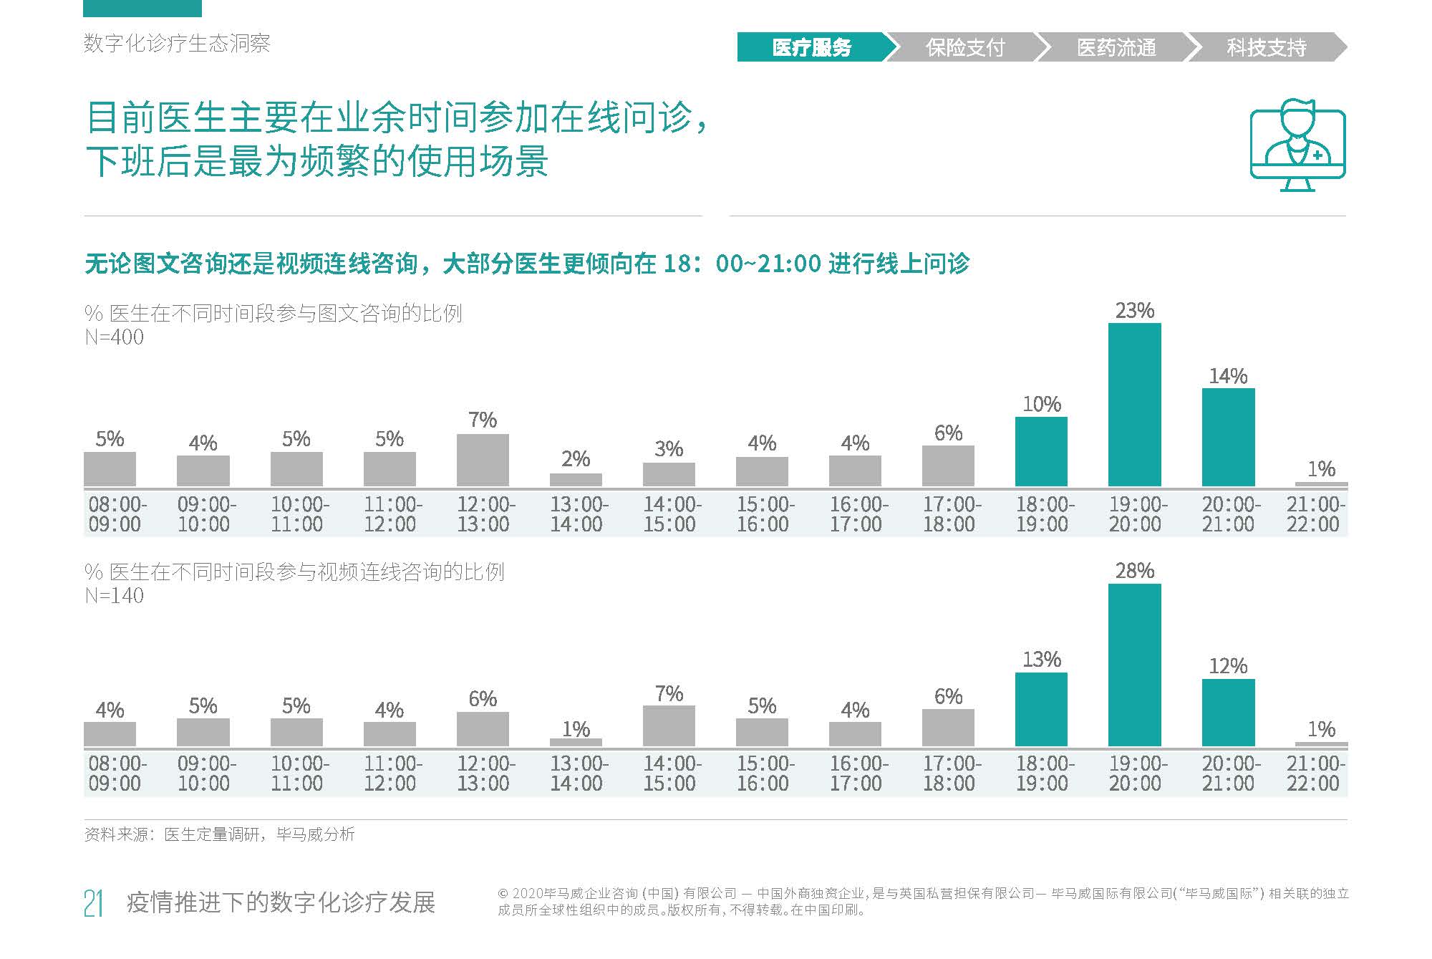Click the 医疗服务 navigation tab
tap(811, 47)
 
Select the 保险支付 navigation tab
tap(964, 47)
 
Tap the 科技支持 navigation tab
tap(1266, 47)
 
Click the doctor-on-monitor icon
tap(1297, 145)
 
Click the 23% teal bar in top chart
tap(1134, 405)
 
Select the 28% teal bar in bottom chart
tap(1134, 665)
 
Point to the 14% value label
tap(1227, 376)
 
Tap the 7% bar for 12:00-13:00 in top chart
tap(483, 461)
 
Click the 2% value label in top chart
tap(576, 459)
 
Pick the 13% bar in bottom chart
tap(1041, 710)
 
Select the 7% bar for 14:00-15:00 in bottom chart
tap(669, 726)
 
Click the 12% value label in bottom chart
tap(1227, 666)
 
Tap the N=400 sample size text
tap(114, 337)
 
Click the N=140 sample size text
tap(114, 596)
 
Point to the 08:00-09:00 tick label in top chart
tap(117, 514)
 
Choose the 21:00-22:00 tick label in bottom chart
tap(1315, 774)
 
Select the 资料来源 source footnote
tap(219, 834)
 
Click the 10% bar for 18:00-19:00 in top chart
tap(1041, 452)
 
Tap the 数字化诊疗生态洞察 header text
tap(177, 44)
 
